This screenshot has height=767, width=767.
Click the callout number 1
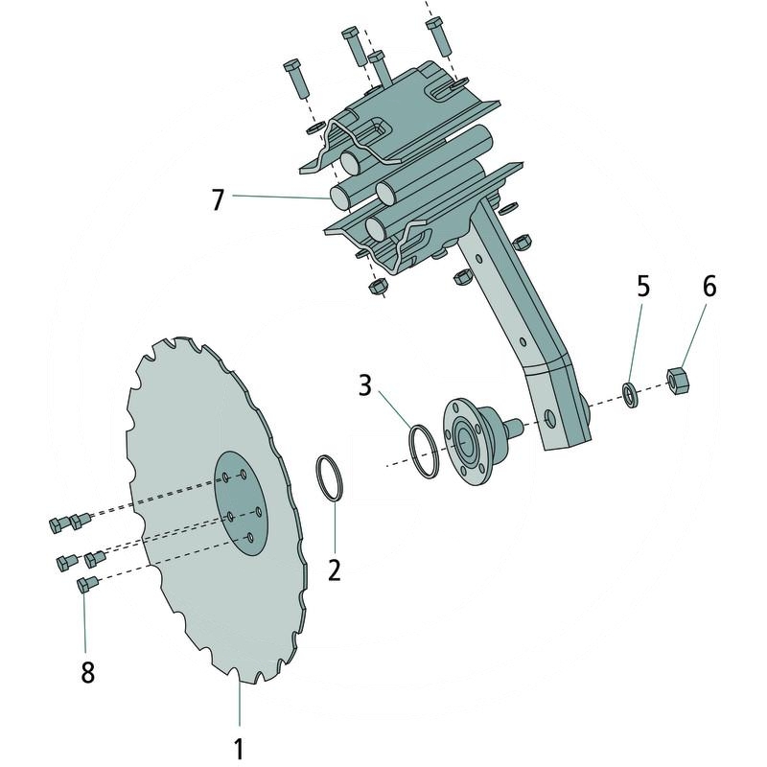(239, 747)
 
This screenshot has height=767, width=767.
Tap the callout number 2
(334, 569)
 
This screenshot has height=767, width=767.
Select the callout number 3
(364, 386)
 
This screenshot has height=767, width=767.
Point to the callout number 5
(643, 286)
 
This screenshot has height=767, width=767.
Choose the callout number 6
(709, 286)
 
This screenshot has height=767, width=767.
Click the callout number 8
(87, 672)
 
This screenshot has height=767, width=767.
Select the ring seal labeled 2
(328, 476)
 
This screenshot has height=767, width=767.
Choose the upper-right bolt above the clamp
(437, 35)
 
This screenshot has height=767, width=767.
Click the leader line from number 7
(278, 198)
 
